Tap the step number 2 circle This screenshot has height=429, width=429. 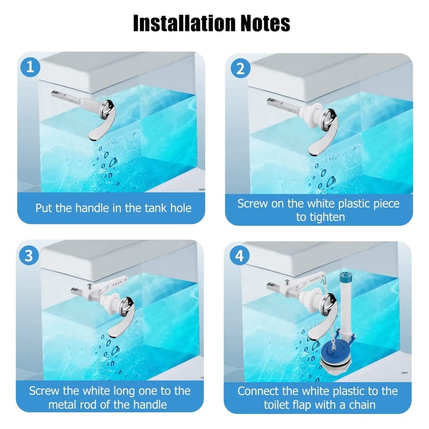[x=240, y=68]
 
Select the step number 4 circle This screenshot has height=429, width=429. [x=240, y=255]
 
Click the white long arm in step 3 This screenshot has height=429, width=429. [x=110, y=281]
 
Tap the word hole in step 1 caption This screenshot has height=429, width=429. [x=178, y=208]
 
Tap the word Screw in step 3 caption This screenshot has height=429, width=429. [x=45, y=391]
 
